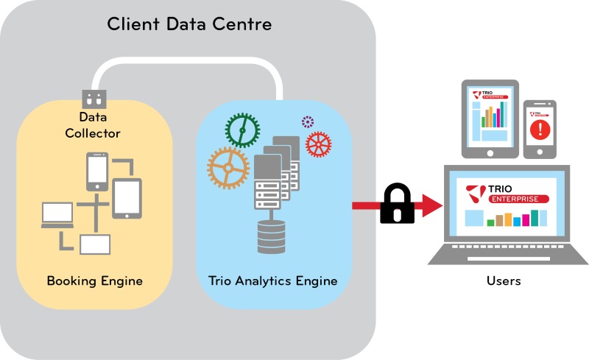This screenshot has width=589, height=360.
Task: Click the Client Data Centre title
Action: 189,24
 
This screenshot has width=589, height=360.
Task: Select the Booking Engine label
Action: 94,280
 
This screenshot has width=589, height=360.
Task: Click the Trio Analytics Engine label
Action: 272,280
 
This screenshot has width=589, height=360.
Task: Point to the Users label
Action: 504,280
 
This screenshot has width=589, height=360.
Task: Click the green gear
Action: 242,131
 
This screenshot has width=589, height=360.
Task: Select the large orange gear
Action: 230,169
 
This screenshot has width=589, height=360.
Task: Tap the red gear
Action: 318,144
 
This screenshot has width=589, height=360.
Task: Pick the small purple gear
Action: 307,121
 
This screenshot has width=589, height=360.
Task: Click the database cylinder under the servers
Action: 271,237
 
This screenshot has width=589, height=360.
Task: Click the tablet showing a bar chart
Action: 490,118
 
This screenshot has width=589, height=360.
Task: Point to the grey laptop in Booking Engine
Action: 57,215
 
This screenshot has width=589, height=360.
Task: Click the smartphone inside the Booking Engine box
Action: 98,170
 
